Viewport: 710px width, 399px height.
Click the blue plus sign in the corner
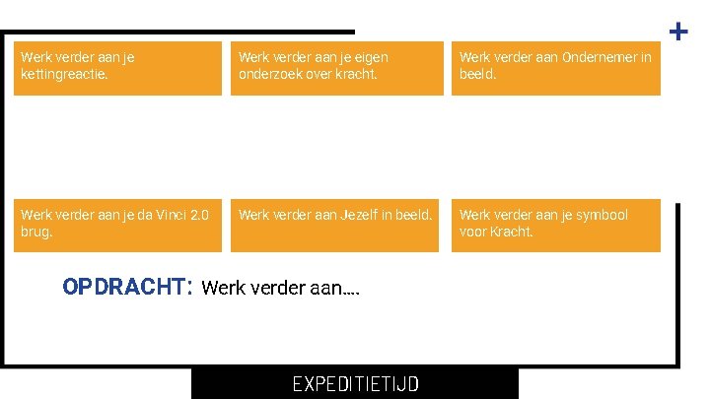point(678,32)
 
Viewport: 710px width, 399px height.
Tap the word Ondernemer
point(601,57)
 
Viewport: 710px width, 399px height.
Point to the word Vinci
point(165,215)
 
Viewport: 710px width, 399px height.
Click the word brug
point(35,232)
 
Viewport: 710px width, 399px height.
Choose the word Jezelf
point(338,215)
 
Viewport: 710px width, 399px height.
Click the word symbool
point(598,215)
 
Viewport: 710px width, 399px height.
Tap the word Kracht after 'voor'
point(510,232)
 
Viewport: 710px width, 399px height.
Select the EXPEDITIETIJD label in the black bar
point(355,383)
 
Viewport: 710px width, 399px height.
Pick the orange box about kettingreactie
point(117,67)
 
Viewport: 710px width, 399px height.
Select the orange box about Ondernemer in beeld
point(555,67)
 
